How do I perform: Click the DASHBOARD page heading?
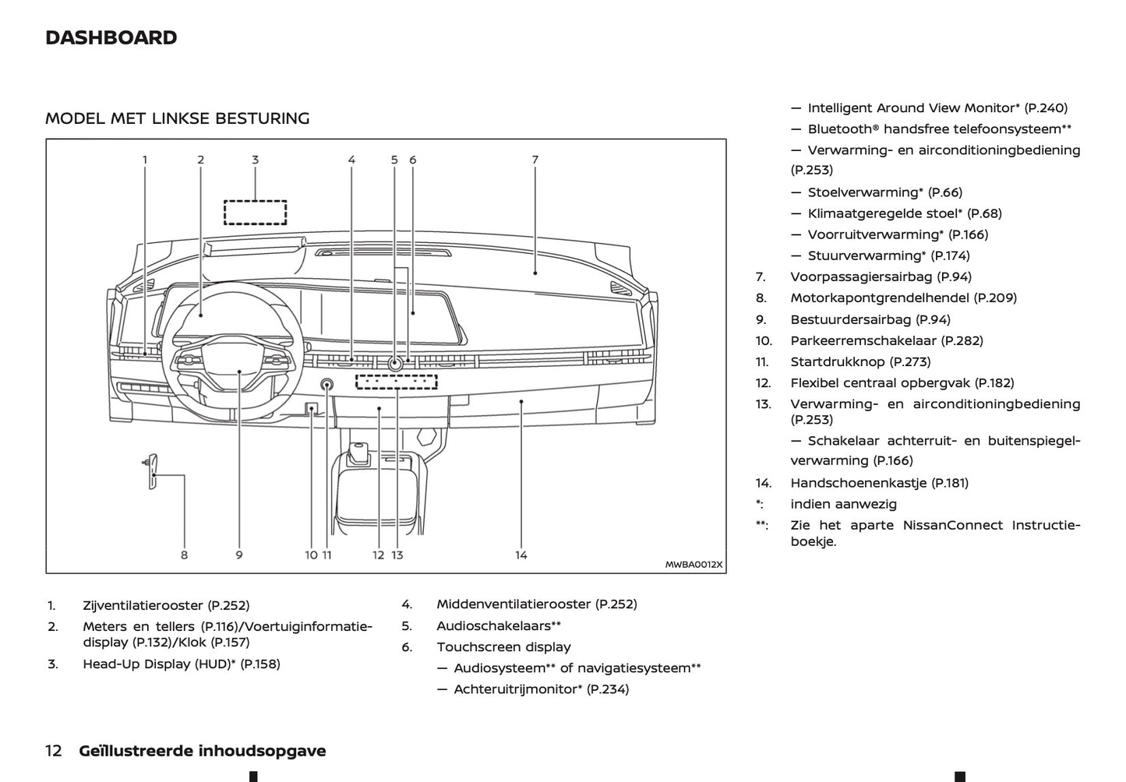111,37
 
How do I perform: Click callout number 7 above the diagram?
535,160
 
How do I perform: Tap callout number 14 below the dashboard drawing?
521,555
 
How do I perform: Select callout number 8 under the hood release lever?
184,555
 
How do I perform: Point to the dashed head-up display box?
256,212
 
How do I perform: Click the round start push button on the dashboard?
327,384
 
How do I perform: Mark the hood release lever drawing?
152,471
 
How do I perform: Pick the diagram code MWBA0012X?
694,565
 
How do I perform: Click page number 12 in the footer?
54,751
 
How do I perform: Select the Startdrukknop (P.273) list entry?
860,361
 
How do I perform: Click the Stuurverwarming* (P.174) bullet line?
888,255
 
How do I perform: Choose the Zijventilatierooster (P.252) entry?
166,605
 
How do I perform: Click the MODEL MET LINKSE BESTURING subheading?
178,118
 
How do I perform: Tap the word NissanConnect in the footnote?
952,525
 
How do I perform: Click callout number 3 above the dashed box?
255,160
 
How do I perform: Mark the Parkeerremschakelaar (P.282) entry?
887,340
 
